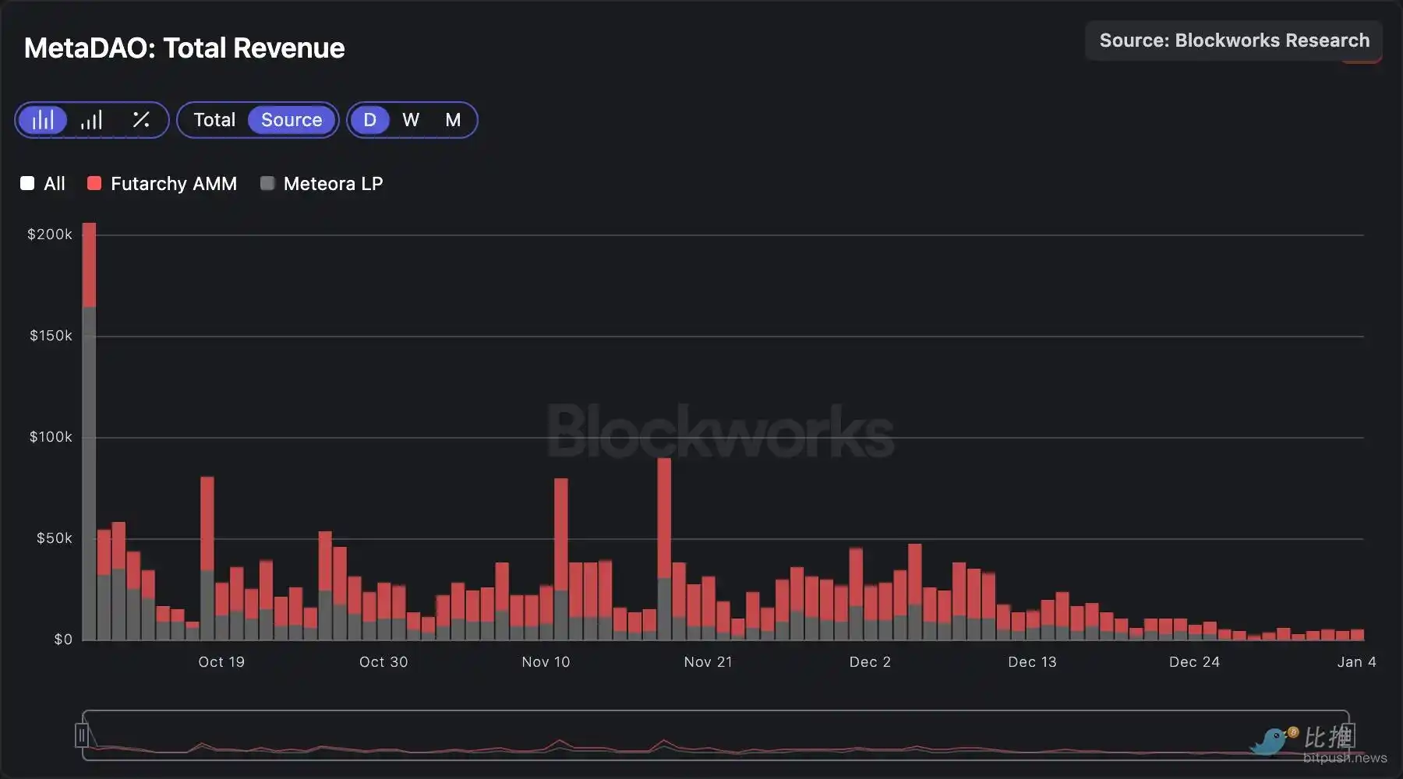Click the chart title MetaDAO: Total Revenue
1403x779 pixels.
pyautogui.click(x=184, y=48)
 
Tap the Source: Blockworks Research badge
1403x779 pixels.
pyautogui.click(x=1233, y=41)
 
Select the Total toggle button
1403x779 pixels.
pyautogui.click(x=214, y=120)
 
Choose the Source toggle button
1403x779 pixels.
pyautogui.click(x=292, y=120)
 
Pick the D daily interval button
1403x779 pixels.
pyautogui.click(x=369, y=120)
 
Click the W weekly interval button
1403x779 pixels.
pyautogui.click(x=411, y=120)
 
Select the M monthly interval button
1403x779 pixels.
pyautogui.click(x=453, y=120)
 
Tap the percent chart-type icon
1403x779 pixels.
pyautogui.click(x=141, y=120)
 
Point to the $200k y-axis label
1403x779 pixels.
pyautogui.click(x=50, y=234)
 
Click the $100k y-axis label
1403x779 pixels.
pyautogui.click(x=51, y=437)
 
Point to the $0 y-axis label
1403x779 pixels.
pyautogui.click(x=63, y=640)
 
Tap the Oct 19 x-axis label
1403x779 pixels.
pyautogui.click(x=221, y=662)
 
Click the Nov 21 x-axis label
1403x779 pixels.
pyautogui.click(x=708, y=662)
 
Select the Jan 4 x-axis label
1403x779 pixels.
pyautogui.click(x=1356, y=662)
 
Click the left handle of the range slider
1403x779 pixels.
pyautogui.click(x=82, y=735)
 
